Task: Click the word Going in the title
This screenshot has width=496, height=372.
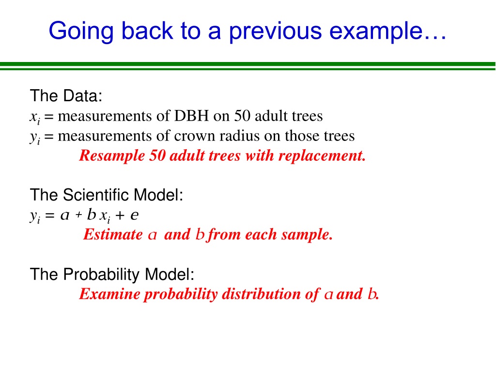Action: click(81, 31)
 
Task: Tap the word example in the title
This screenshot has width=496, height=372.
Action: click(376, 31)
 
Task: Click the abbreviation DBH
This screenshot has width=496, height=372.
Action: click(191, 116)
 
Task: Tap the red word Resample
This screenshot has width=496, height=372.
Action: click(112, 156)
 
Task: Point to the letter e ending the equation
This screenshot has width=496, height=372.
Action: click(135, 215)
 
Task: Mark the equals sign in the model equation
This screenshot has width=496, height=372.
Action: click(50, 216)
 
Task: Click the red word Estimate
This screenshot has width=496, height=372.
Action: click(113, 234)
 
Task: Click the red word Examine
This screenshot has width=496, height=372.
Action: click(109, 294)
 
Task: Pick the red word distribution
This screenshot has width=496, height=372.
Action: click(261, 294)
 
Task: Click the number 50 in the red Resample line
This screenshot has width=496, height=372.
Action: click(157, 155)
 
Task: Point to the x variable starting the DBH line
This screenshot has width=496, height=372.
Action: click(33, 117)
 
